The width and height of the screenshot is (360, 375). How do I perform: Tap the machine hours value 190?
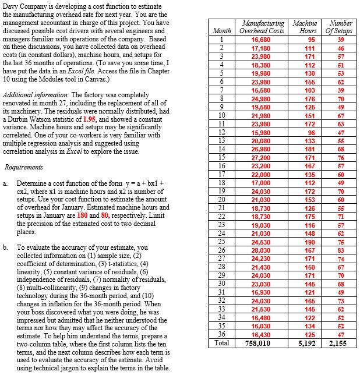pyautogui.click(x=308, y=242)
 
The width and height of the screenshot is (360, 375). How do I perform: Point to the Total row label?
pyautogui.click(x=221, y=343)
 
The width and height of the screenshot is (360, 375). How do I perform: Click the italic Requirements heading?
pyautogui.click(x=24, y=167)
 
